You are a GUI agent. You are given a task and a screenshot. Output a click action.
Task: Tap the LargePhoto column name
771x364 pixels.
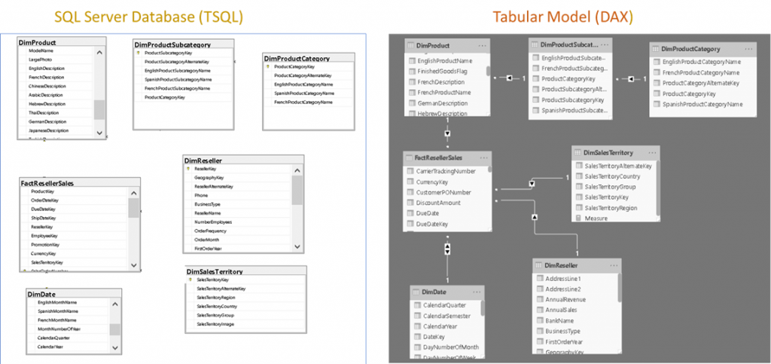(x=41, y=59)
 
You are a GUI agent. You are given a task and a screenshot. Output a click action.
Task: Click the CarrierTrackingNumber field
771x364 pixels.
(x=445, y=171)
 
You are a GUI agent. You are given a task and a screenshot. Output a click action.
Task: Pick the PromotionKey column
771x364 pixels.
(x=43, y=245)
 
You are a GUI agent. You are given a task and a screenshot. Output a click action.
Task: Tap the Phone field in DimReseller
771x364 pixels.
(x=202, y=195)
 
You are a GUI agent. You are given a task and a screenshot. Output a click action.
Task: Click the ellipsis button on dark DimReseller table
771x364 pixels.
(x=608, y=266)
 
